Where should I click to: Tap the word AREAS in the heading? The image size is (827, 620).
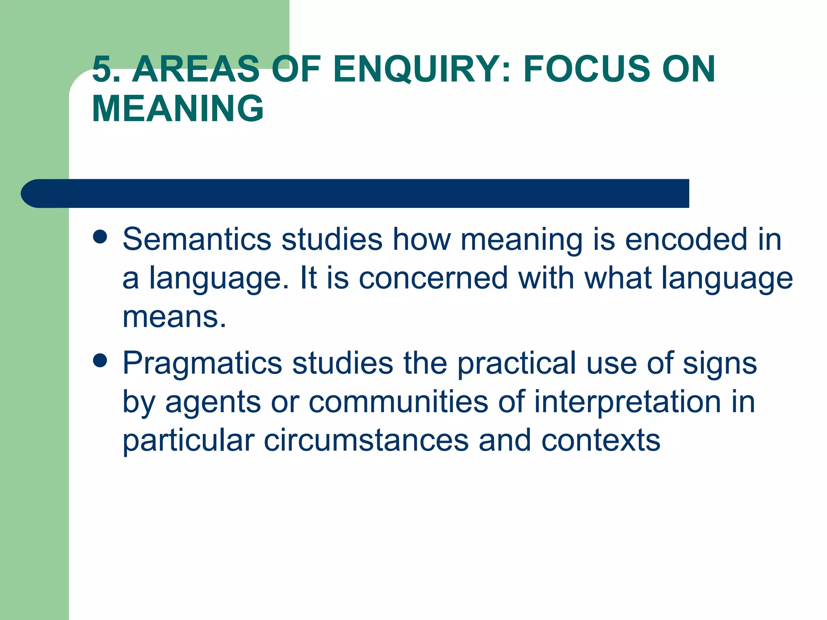[196, 69]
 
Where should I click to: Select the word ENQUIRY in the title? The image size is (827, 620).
[416, 69]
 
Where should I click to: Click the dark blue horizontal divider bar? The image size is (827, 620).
[355, 193]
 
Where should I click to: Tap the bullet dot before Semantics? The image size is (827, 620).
[100, 237]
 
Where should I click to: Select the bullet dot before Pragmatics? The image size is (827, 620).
[100, 360]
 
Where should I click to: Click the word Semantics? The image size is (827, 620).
[197, 240]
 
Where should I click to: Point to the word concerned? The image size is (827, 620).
[433, 279]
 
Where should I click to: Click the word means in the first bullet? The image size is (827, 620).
[174, 317]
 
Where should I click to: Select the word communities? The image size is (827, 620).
[399, 402]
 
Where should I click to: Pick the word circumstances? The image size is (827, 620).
[366, 440]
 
